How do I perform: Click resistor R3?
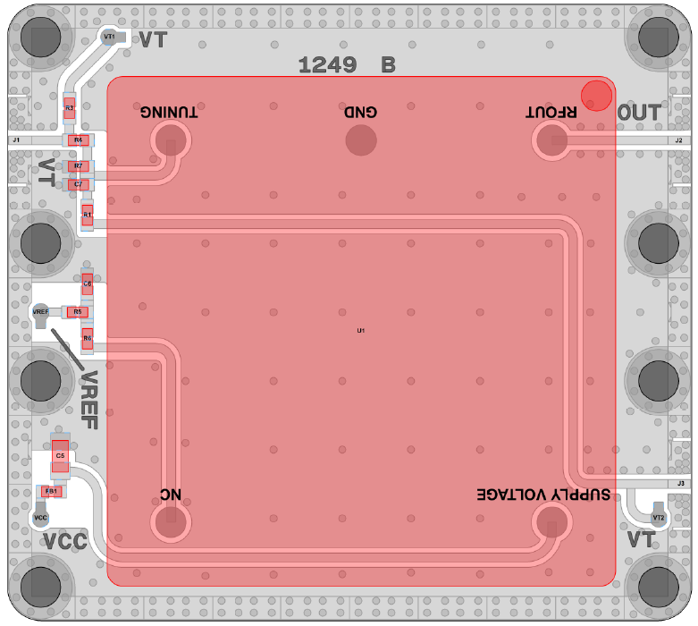[69, 108]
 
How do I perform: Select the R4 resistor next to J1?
[78, 140]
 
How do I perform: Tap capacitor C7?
[78, 184]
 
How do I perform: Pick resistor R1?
[87, 215]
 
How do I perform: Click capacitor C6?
[87, 283]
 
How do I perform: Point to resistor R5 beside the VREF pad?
[78, 312]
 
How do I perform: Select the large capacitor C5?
[60, 456]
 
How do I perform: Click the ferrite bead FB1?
[51, 491]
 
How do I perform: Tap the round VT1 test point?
[109, 37]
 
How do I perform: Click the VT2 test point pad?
[659, 517]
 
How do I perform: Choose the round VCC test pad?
[40, 517]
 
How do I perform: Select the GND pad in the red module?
[361, 140]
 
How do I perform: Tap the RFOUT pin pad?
[551, 140]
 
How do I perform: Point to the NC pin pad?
[170, 521]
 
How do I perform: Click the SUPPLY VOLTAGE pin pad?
[551, 521]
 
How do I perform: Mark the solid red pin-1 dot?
[596, 94]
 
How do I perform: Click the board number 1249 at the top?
[327, 64]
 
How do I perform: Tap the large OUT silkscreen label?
[640, 113]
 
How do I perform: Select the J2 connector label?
[679, 140]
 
